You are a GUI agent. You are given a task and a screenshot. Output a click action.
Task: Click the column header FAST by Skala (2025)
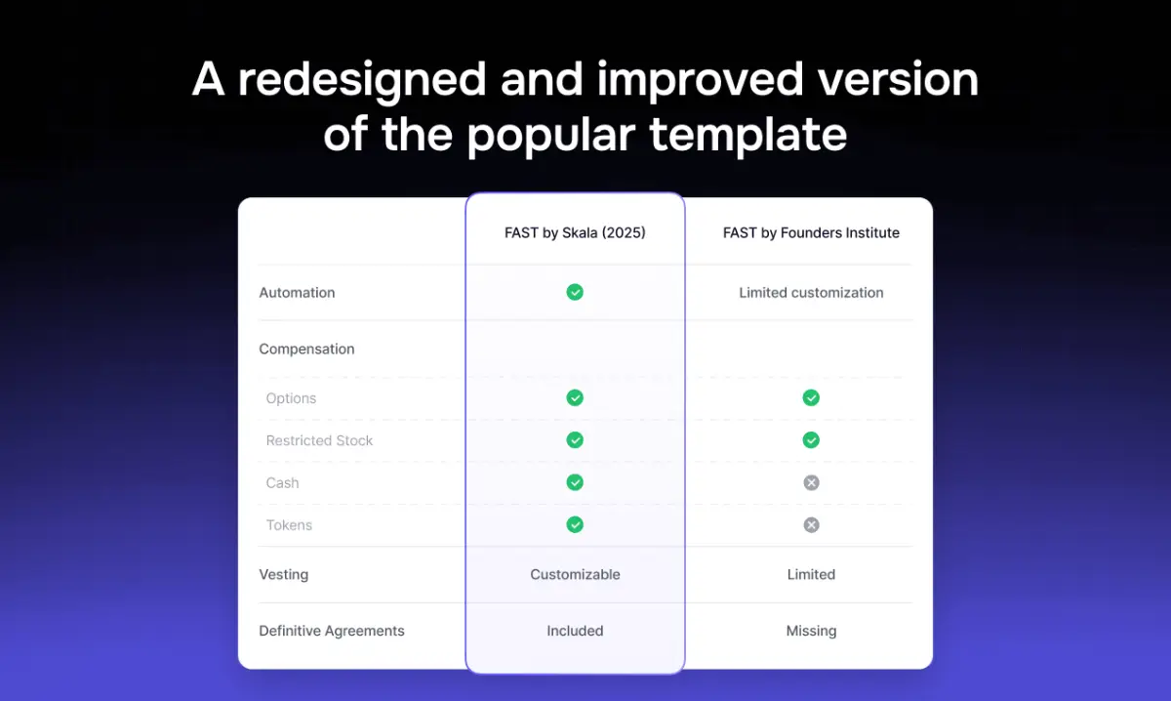575,233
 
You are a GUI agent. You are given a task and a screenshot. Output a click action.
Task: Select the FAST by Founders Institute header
811,233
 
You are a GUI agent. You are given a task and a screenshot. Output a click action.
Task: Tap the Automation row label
297,293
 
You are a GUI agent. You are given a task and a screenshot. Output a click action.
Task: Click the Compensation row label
306,350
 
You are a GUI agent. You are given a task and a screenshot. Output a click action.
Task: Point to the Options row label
291,398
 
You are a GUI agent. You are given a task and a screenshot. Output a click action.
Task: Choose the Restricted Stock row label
319,440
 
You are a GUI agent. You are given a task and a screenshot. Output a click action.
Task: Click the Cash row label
282,482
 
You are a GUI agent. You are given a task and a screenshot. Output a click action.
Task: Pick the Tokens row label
289,525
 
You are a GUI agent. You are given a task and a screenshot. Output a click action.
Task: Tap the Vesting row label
283,575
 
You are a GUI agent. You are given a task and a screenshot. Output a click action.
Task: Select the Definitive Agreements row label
331,631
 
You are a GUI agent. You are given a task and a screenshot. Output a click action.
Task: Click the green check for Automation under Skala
575,292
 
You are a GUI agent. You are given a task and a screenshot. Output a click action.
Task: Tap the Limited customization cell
811,293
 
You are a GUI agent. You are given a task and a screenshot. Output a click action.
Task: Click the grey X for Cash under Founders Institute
811,482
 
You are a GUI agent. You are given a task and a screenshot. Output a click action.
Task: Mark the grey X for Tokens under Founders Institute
811,525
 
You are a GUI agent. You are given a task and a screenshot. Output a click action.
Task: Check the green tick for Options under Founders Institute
811,397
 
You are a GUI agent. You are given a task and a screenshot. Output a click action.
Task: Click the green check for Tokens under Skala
575,525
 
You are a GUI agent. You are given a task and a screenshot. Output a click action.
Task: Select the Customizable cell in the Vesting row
575,575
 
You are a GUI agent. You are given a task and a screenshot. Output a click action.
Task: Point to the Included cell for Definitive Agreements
575,631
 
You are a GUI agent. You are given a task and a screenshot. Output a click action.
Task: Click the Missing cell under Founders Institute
811,631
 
